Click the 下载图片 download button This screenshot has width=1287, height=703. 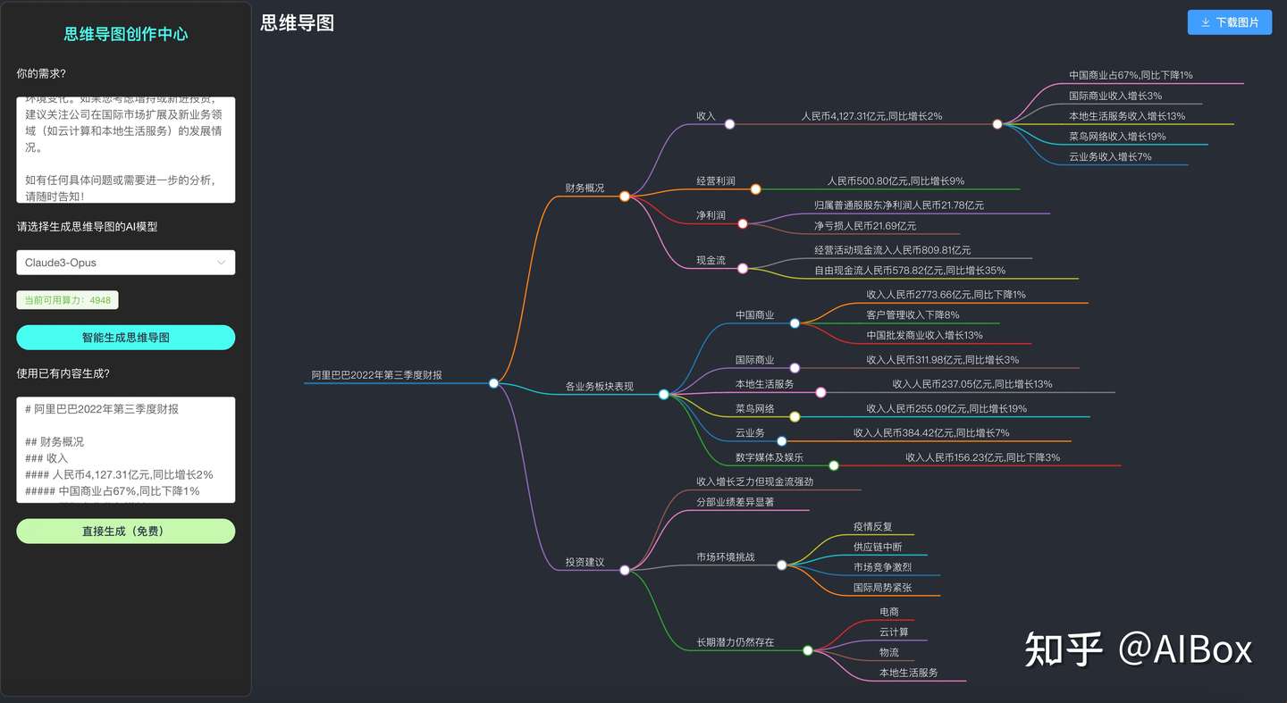pyautogui.click(x=1229, y=22)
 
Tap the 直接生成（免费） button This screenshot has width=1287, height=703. pyautogui.click(x=125, y=531)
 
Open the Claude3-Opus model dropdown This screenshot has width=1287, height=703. pyautogui.click(x=125, y=263)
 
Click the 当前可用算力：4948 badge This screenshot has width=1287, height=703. pyautogui.click(x=68, y=300)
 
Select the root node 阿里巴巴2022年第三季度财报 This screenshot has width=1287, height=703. pyautogui.click(x=376, y=374)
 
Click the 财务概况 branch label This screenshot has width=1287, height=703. pyautogui.click(x=585, y=188)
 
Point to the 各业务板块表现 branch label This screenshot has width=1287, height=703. pyautogui.click(x=599, y=386)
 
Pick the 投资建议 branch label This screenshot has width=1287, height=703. pyautogui.click(x=585, y=562)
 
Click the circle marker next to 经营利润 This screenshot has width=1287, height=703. pyautogui.click(x=755, y=189)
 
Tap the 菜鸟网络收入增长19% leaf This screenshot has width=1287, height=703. pyautogui.click(x=1116, y=137)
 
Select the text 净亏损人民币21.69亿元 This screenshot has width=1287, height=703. pyautogui.click(x=864, y=226)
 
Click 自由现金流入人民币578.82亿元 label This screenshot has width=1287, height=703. pyautogui.click(x=909, y=270)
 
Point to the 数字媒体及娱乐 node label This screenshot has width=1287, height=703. pyautogui.click(x=769, y=457)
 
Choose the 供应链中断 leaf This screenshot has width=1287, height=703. pyautogui.click(x=878, y=547)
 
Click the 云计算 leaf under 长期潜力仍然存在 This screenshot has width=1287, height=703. pyautogui.click(x=894, y=632)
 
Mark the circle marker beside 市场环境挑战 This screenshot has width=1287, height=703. pyautogui.click(x=781, y=565)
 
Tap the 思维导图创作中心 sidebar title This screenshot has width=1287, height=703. pyautogui.click(x=126, y=34)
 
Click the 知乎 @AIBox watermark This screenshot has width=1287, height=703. pyautogui.click(x=1138, y=649)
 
